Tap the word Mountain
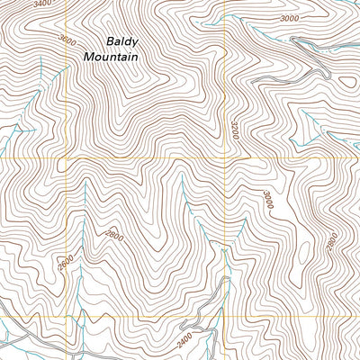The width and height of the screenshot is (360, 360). [111, 57]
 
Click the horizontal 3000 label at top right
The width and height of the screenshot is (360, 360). [289, 19]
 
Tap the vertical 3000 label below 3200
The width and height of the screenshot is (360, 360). [267, 201]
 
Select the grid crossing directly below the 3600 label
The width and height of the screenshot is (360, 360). [65, 158]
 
